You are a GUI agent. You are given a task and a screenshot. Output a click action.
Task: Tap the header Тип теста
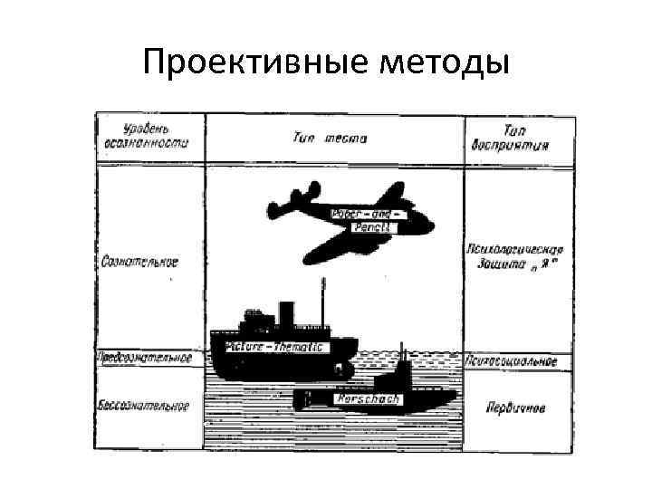pos(330,139)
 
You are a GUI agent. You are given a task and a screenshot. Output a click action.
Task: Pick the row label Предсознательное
pos(145,357)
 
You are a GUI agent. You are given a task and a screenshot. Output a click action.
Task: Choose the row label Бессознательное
pos(143,405)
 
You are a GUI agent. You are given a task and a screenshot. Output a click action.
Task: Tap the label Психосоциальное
pos(518,361)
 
